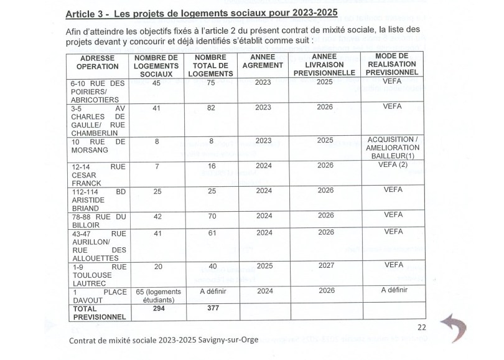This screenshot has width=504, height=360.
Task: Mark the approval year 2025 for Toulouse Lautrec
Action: tap(263, 265)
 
